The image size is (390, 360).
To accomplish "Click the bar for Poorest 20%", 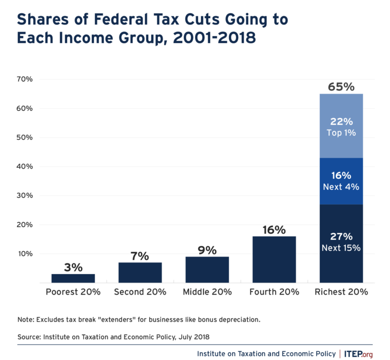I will [73, 278].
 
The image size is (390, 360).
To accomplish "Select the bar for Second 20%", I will [140, 272].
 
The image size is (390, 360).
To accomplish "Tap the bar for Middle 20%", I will [207, 270].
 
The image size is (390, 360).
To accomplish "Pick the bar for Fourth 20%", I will [274, 259].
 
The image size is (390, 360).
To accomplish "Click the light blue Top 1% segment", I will [341, 126].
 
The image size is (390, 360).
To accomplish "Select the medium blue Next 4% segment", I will [341, 181].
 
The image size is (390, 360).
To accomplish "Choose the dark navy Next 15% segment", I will [341, 244].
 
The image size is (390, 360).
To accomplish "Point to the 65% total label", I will [341, 86].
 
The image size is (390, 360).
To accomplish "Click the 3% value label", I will [73, 267].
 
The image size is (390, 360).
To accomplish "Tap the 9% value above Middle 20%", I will [207, 250].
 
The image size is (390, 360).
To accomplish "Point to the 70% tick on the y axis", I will [24, 79].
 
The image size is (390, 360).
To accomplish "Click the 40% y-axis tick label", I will [24, 167].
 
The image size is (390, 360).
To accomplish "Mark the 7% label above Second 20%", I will [140, 255].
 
